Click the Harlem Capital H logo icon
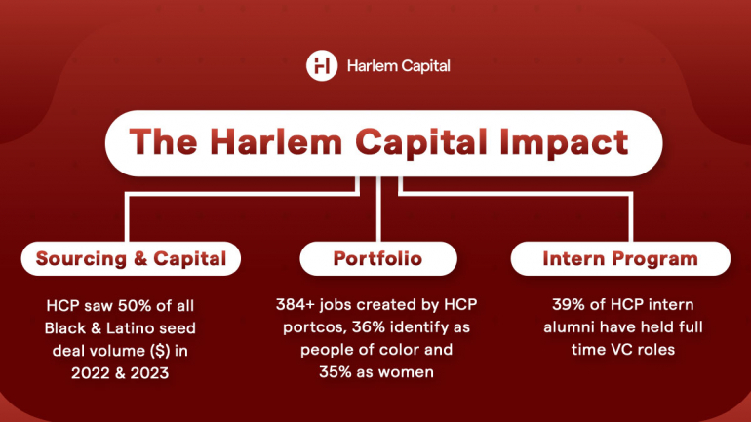[322, 66]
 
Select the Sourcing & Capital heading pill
[132, 259]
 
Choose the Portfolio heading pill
[376, 259]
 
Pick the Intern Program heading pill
[620, 259]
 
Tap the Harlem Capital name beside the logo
[398, 66]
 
